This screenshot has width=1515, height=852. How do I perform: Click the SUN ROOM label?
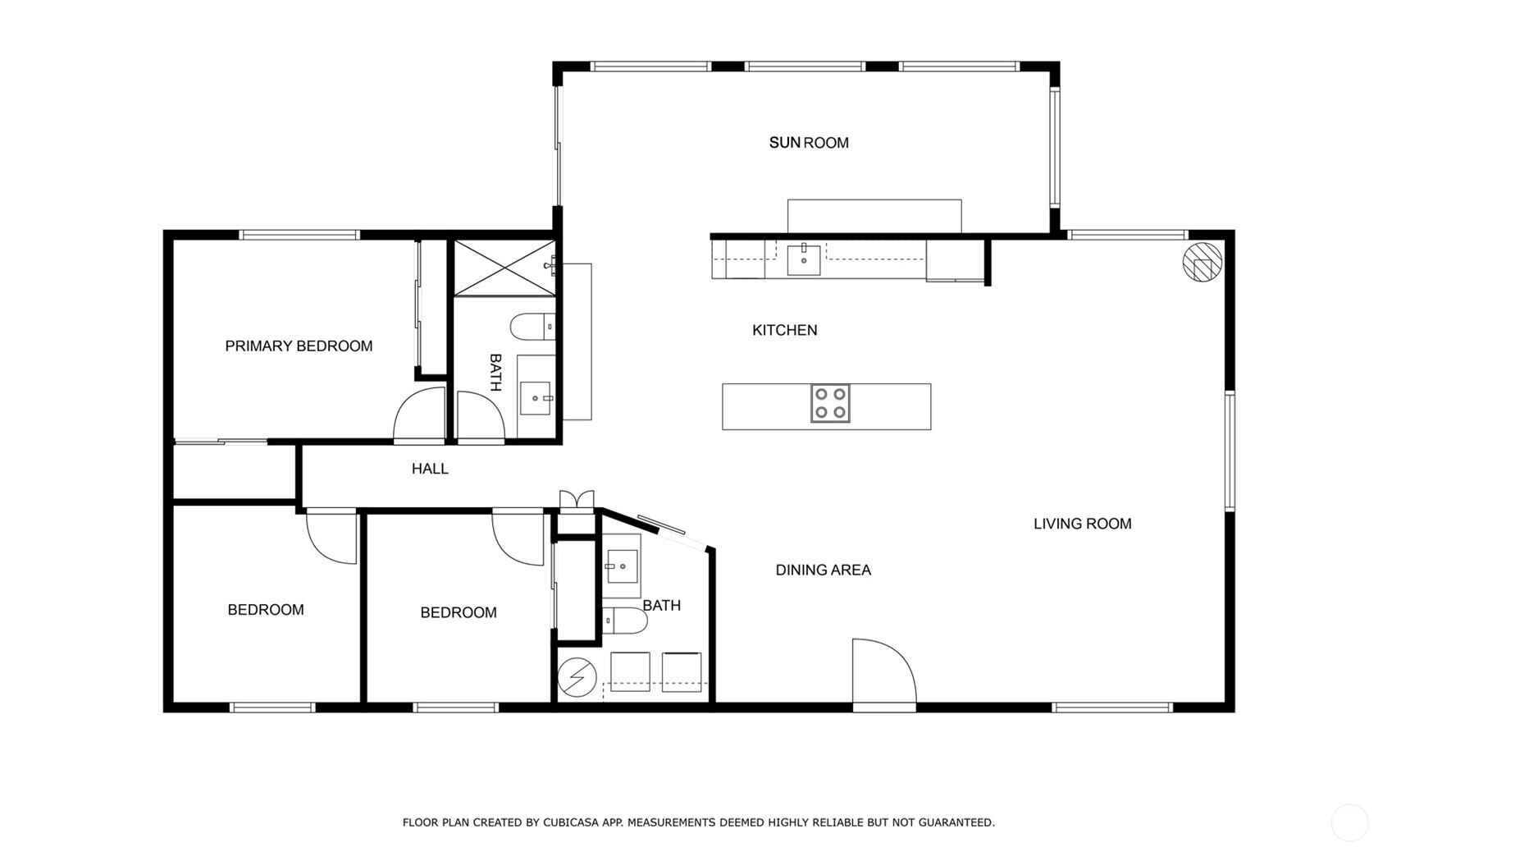coord(809,143)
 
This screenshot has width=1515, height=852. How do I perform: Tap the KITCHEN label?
coord(785,330)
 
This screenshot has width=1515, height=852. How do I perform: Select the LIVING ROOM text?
coord(1082,524)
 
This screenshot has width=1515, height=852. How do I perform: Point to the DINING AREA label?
coord(824,570)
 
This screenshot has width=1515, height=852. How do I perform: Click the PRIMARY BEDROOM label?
coord(299,346)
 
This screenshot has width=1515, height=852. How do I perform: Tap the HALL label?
coord(430,469)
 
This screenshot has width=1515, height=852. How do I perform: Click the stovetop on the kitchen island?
coord(830,404)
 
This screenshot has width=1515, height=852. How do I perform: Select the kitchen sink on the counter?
coord(804,259)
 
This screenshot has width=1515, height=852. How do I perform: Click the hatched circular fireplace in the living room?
coord(1202,262)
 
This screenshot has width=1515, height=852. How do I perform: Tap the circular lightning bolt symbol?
coord(577,678)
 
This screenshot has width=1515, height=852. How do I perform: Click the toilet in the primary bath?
coord(533,327)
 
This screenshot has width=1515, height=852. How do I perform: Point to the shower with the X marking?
coord(504,268)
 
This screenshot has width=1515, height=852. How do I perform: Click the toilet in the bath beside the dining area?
coord(624,621)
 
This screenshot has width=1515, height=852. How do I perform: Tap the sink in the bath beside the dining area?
coord(623,566)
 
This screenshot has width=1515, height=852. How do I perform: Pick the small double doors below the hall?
coord(577,500)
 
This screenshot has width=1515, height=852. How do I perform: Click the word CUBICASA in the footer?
coord(571,822)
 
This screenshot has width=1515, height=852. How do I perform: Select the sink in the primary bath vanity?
coord(536,398)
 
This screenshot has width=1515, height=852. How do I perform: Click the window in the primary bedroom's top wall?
coord(300,235)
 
